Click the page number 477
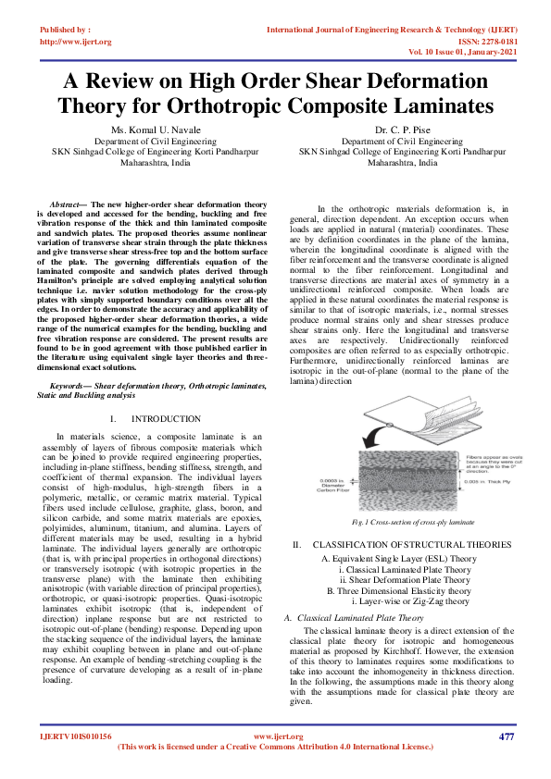[506, 736]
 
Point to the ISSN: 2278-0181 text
[485, 41]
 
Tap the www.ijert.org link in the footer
[275, 736]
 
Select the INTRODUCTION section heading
[166, 419]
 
